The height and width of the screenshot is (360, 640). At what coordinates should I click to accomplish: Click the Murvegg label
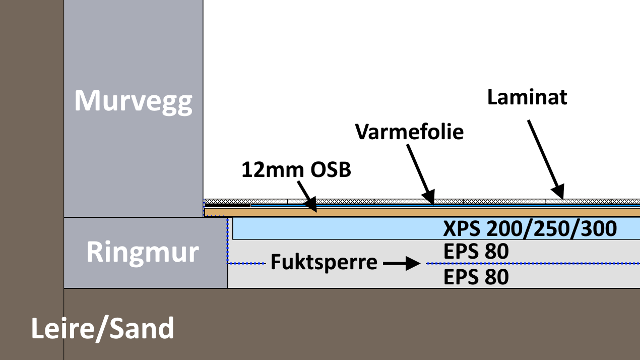point(133,101)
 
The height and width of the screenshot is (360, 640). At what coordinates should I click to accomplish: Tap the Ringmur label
point(143,251)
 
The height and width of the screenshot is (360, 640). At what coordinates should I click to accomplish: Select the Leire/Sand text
point(103,328)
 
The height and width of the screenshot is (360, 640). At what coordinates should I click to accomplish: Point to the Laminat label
point(527,97)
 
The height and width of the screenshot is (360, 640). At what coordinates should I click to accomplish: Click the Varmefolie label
point(409,132)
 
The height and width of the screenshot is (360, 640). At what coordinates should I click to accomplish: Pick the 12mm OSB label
point(296,170)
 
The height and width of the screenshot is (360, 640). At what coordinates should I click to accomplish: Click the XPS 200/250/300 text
point(530,229)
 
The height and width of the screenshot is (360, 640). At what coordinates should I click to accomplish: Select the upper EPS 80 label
point(476,252)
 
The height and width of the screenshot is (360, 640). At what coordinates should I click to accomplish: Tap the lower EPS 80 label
point(476,276)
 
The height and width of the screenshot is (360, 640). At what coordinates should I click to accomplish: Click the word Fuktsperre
point(324,263)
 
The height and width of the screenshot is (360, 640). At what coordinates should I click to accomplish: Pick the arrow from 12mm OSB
point(307,198)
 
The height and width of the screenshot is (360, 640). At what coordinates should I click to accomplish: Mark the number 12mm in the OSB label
point(267,170)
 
